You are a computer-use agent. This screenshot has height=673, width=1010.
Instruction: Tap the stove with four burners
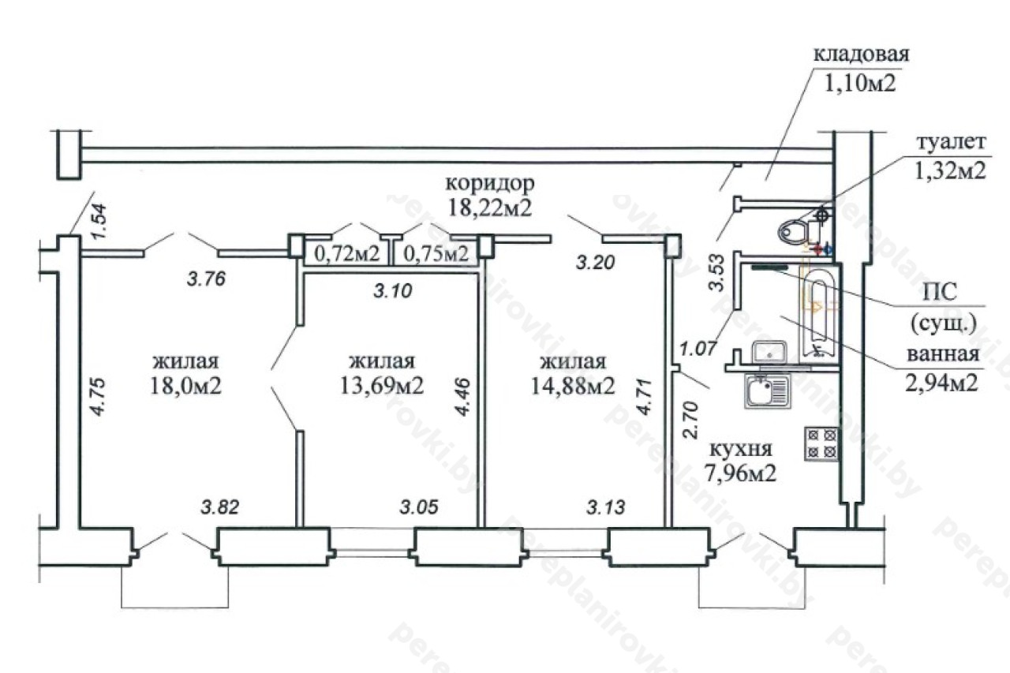821,443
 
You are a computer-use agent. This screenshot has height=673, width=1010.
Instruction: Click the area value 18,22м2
489,208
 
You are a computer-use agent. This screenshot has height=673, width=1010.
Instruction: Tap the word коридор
490,184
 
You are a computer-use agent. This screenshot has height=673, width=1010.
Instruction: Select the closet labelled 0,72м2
347,254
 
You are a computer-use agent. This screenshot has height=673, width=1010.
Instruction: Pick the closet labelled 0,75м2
436,254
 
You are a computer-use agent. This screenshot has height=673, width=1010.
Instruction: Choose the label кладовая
861,55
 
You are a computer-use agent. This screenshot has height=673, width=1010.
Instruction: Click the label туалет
951,143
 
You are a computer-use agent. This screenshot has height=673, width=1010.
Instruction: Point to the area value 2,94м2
944,383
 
